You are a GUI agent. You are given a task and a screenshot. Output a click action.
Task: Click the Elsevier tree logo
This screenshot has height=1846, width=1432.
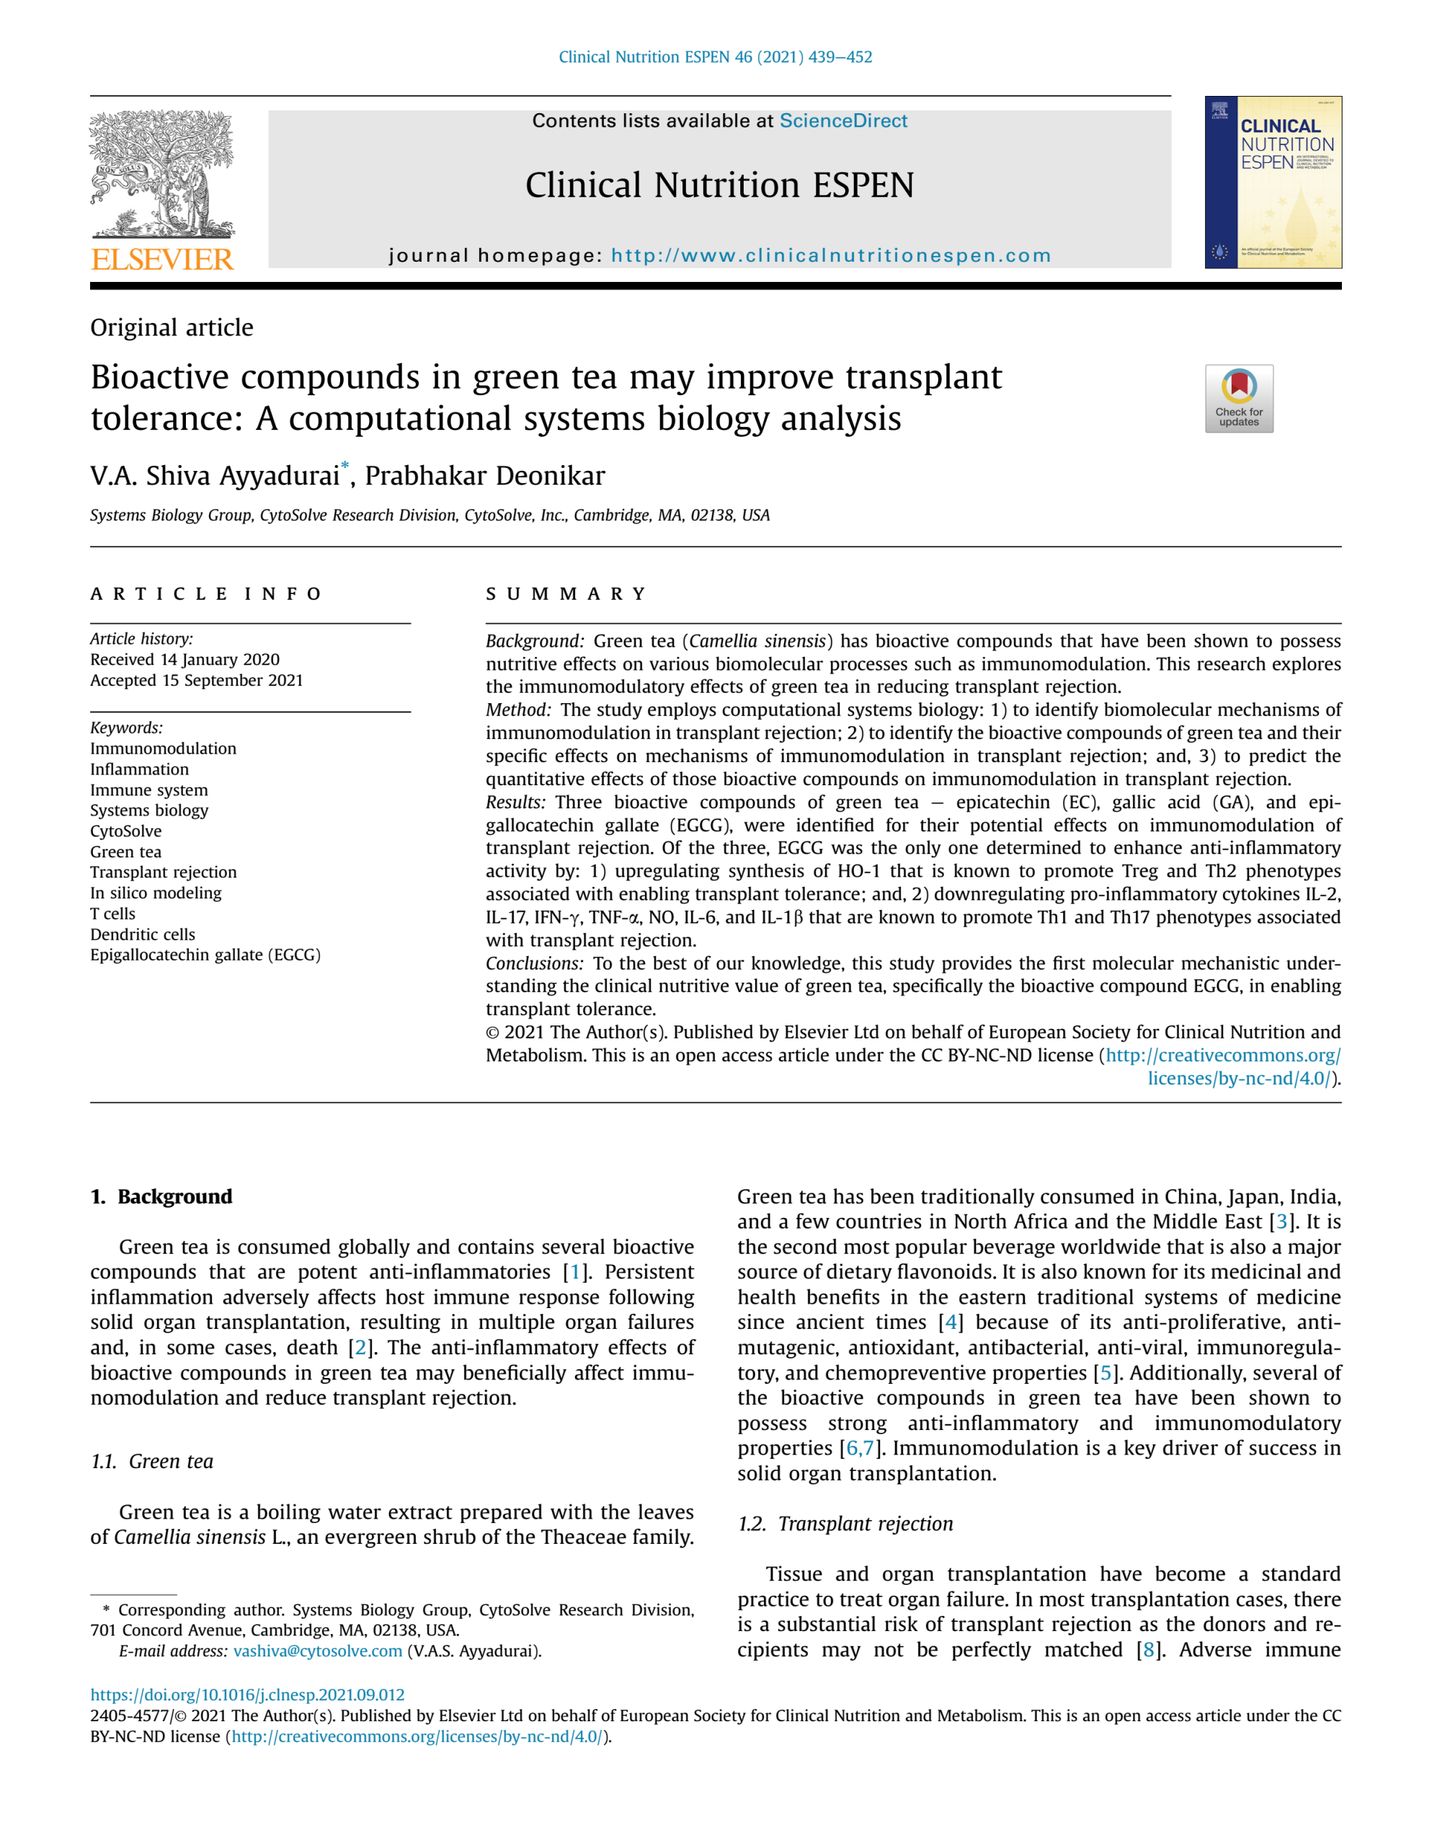coord(161,173)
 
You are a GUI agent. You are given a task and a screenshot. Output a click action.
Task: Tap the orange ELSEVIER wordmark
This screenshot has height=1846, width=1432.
coord(161,260)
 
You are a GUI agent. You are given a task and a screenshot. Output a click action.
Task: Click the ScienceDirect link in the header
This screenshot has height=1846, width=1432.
coord(842,121)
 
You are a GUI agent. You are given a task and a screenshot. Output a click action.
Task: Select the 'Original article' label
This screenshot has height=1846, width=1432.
coord(172,328)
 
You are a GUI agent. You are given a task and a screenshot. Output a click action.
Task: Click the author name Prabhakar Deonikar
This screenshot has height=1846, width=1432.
coord(484,476)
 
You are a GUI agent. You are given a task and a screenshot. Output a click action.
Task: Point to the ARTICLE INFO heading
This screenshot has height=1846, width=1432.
coord(206,594)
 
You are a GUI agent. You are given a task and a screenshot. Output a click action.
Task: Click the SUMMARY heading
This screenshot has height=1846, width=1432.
coord(566,594)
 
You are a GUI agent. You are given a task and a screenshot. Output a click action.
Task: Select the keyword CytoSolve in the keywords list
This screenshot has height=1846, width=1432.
coord(126,831)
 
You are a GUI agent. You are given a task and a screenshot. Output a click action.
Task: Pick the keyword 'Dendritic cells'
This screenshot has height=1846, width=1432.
coord(143,934)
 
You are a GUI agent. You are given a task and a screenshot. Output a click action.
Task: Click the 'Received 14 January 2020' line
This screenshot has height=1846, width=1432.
coord(185,659)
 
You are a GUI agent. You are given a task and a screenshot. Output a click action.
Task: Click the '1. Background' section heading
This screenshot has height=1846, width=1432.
coord(161,1197)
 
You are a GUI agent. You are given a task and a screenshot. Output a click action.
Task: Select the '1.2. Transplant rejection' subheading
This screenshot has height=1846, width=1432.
coord(845,1523)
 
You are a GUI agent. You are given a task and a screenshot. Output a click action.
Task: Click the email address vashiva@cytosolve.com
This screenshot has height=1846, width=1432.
coord(318,1651)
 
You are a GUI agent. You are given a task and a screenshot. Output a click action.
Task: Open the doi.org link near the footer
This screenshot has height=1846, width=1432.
coord(247,1695)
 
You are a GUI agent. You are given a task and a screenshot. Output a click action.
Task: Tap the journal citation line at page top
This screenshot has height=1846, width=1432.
coord(715,58)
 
